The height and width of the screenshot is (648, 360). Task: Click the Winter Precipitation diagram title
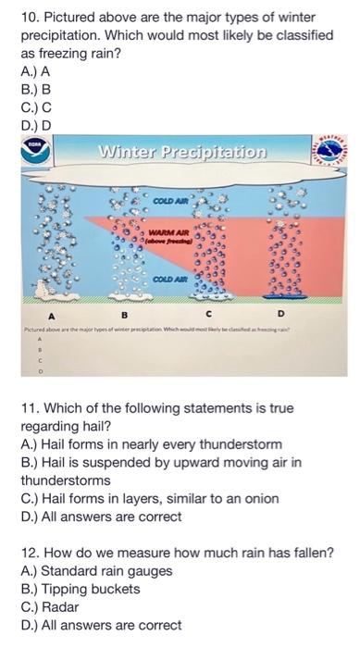click(181, 151)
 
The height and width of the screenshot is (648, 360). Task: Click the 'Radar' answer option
click(52, 606)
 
